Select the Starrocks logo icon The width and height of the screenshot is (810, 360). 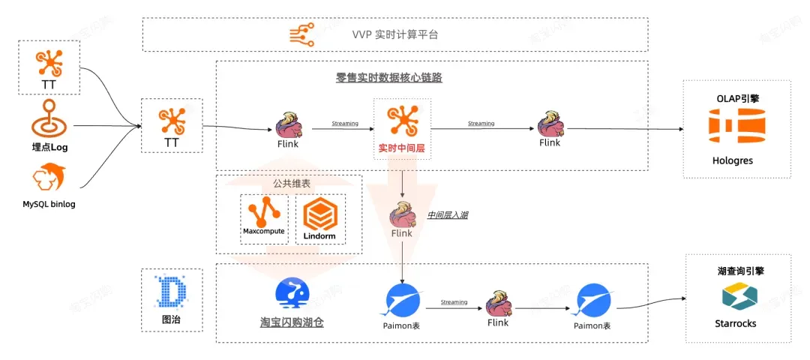(x=736, y=298)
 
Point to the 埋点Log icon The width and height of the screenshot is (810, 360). (x=49, y=118)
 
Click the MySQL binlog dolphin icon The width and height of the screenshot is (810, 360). (x=49, y=178)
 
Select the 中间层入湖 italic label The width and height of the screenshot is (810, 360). (x=448, y=215)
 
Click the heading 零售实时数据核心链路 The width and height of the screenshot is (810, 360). (x=388, y=77)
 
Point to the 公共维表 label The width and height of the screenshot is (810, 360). (x=289, y=182)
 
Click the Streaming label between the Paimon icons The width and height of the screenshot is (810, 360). (x=454, y=302)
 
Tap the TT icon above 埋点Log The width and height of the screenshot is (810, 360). (x=49, y=64)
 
